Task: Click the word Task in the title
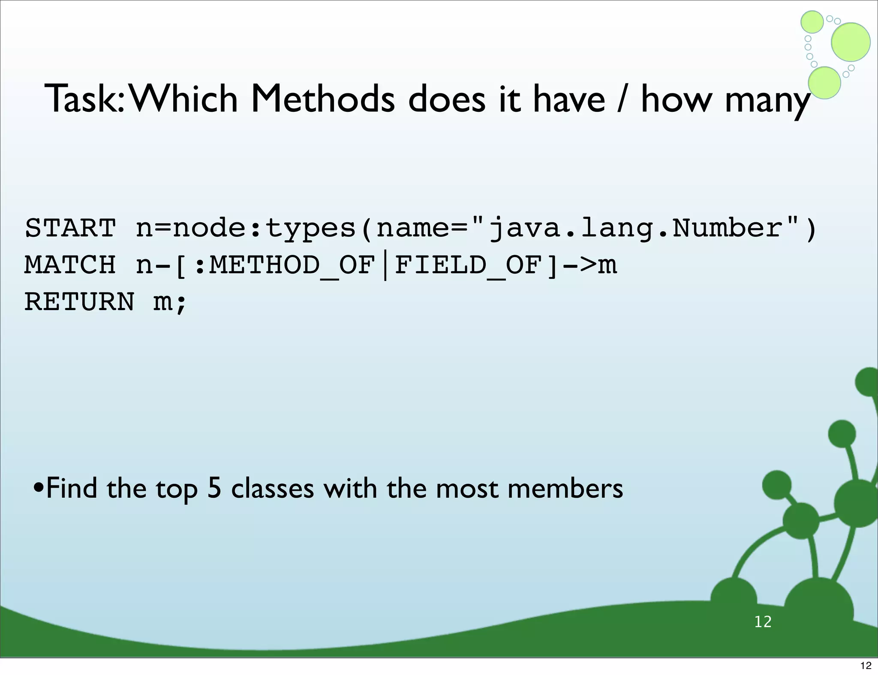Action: (81, 99)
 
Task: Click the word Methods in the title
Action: (322, 99)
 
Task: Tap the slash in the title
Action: (621, 99)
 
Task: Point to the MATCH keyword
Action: (70, 265)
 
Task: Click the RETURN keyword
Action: (80, 302)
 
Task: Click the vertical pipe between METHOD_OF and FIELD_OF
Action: (385, 266)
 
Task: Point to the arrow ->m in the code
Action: (590, 265)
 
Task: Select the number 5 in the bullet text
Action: (214, 488)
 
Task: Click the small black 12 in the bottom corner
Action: (866, 666)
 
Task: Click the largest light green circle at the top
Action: (851, 42)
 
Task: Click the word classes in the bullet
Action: (272, 488)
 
